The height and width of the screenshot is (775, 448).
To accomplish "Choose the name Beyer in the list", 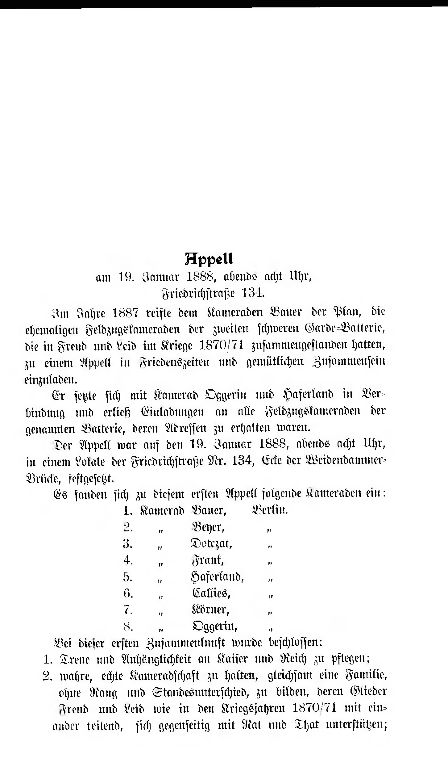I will [x=207, y=528].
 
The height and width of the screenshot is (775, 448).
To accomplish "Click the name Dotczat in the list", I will [x=211, y=544].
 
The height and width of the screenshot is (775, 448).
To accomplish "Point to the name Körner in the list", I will [x=210, y=610].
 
